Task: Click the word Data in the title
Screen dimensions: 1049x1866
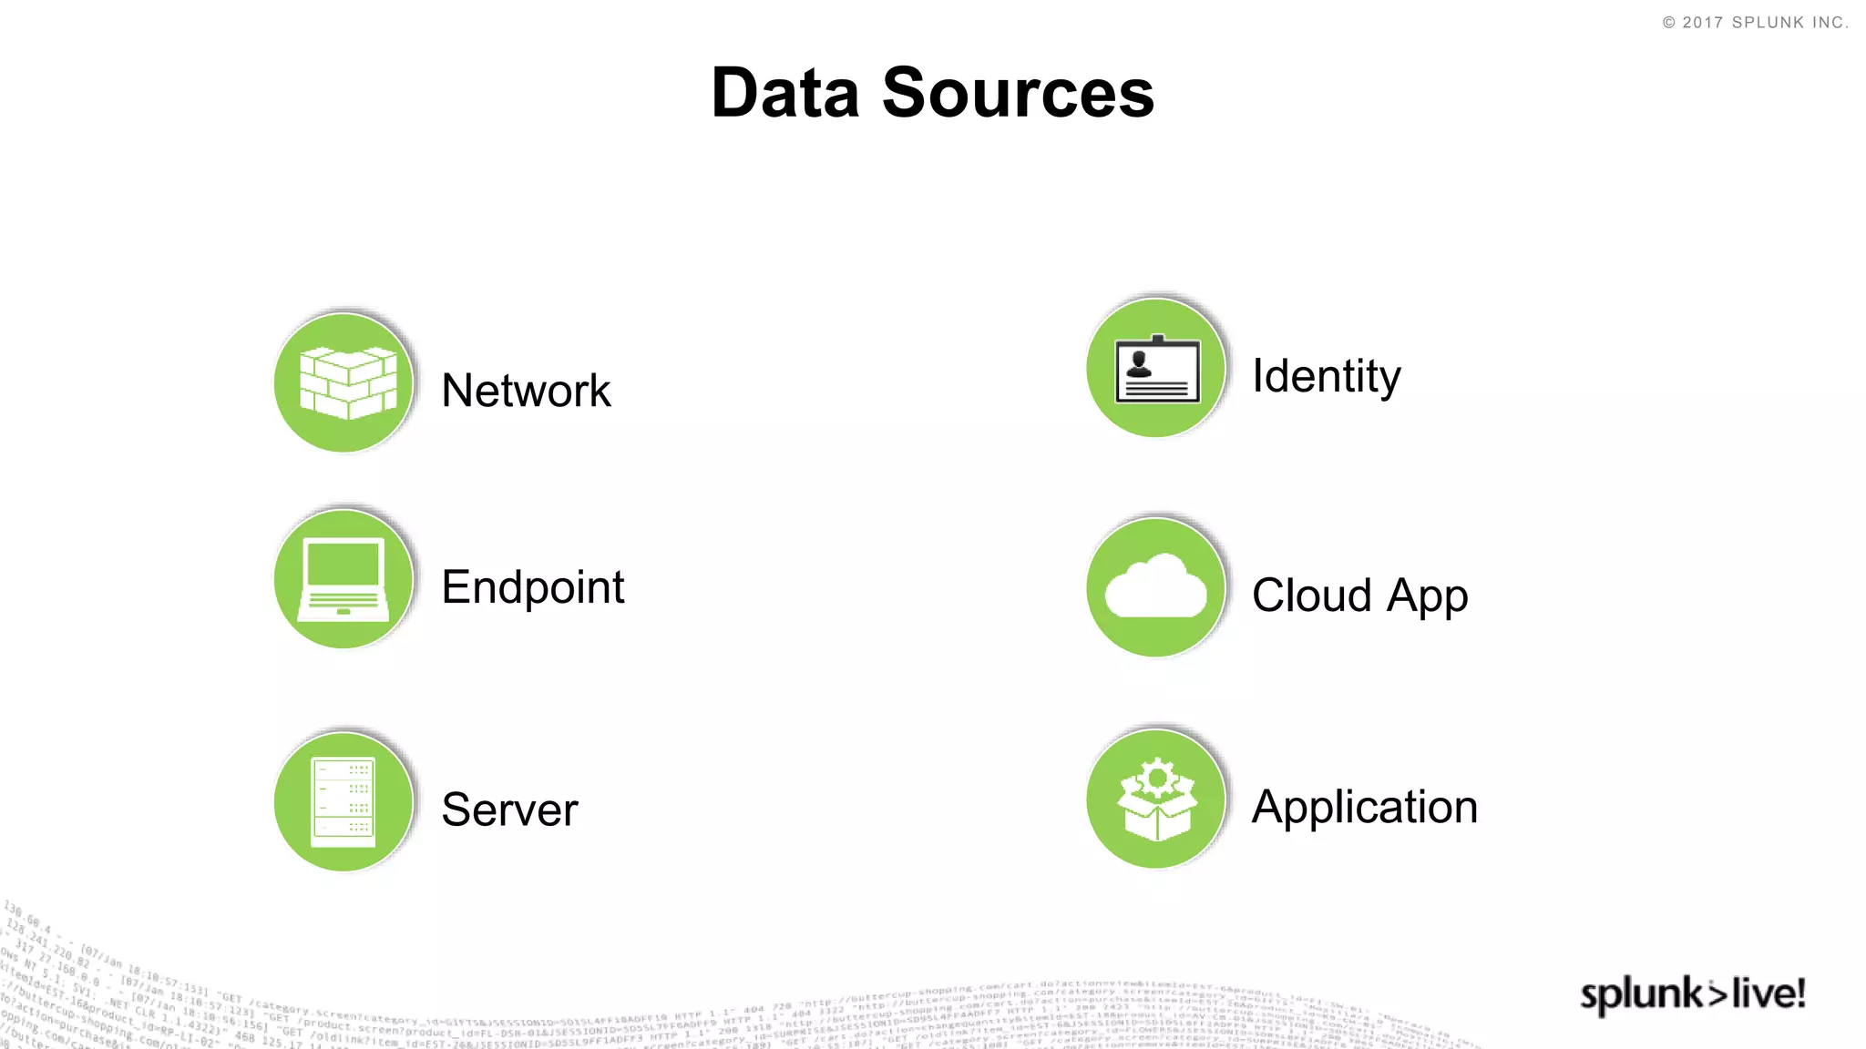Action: (x=784, y=93)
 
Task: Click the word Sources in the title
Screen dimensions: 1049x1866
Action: (x=1018, y=93)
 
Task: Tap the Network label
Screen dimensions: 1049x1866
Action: (x=526, y=391)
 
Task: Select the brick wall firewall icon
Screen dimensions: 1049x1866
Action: (x=347, y=382)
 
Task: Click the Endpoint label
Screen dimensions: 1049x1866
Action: (x=532, y=586)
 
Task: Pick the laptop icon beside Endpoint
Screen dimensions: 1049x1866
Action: (x=343, y=579)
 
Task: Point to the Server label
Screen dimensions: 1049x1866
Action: (x=509, y=810)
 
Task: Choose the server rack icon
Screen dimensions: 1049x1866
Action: (x=343, y=801)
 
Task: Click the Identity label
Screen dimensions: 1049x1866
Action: (x=1326, y=376)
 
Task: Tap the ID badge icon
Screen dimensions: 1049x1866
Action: (x=1157, y=370)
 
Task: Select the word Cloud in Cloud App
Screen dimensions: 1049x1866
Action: (x=1311, y=596)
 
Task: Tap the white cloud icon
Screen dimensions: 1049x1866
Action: (x=1155, y=587)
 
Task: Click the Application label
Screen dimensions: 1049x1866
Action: (x=1364, y=807)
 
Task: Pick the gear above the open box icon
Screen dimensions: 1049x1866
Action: (x=1157, y=778)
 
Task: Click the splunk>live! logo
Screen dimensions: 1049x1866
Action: (x=1692, y=993)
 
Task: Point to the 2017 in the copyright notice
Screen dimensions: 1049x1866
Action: (x=1702, y=23)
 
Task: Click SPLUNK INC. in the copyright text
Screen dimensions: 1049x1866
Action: (x=1789, y=23)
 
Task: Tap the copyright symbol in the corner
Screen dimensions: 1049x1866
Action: (x=1668, y=23)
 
